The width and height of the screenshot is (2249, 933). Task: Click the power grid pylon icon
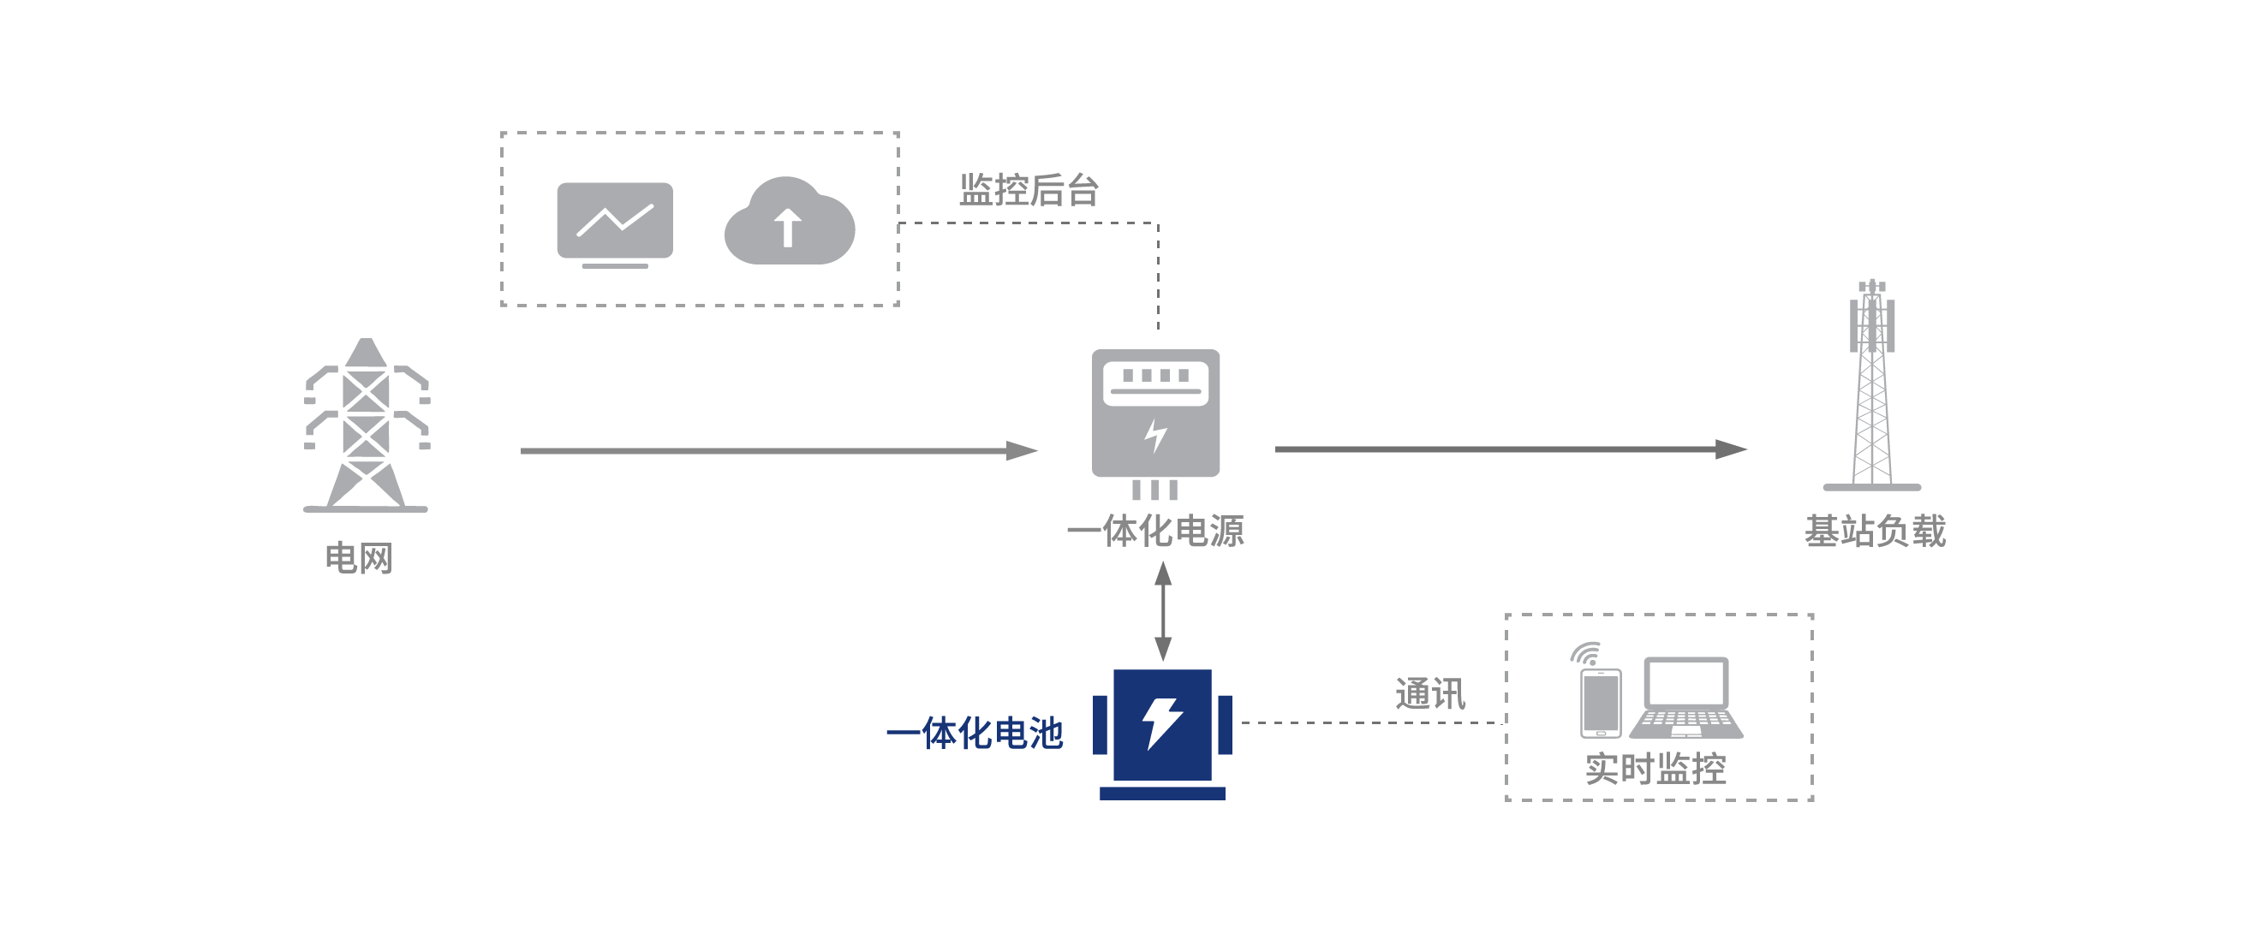pos(367,425)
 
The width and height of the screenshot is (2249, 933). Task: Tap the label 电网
pos(359,558)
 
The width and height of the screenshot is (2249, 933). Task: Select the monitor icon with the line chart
pos(615,223)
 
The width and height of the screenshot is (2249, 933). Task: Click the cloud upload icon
pos(790,222)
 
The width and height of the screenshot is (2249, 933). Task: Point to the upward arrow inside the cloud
pos(789,228)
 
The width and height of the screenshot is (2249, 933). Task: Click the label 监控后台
pos(1029,190)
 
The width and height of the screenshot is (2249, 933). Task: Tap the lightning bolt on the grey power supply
pos(1156,435)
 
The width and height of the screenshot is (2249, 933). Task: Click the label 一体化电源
pos(1155,531)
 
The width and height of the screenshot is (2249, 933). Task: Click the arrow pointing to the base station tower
pos(1511,449)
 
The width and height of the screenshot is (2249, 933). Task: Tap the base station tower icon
pos(1872,389)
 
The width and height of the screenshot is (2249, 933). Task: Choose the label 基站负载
pos(1876,531)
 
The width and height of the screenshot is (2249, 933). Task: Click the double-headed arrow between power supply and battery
pos(1163,612)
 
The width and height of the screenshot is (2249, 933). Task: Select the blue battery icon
pos(1162,731)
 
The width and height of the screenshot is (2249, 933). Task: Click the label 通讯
pos(1430,694)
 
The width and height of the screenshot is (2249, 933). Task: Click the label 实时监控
pos(1655,769)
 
